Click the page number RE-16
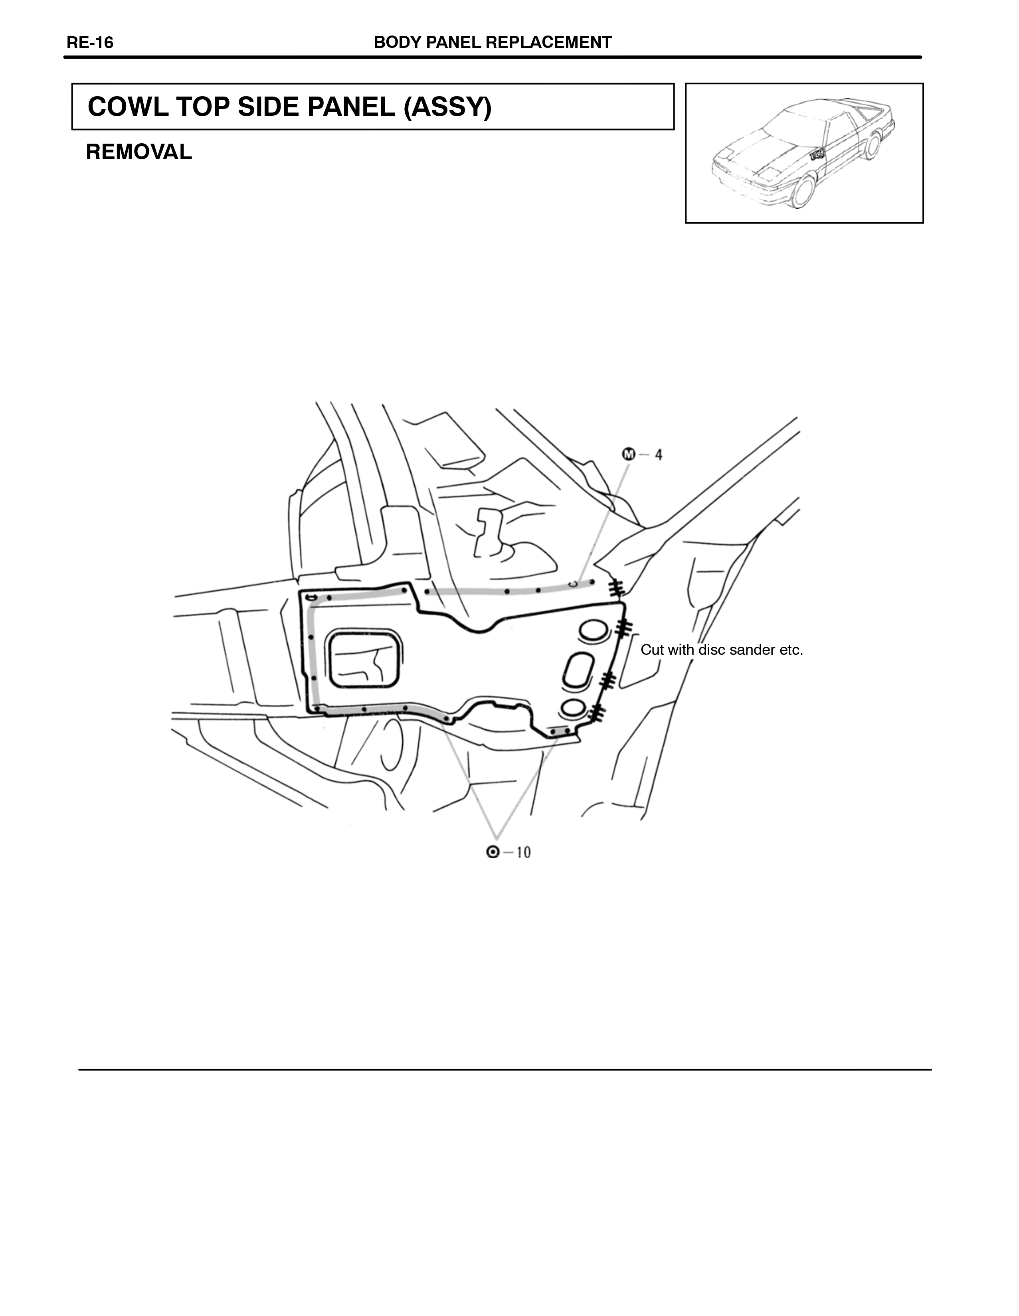coord(90,43)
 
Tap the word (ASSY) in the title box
coord(448,107)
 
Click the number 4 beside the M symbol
coord(659,455)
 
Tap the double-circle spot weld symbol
coord(493,852)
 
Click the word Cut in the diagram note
coord(651,650)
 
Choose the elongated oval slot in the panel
coord(578,670)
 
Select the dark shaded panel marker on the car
coord(817,155)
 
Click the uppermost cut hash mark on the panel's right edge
coord(615,588)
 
